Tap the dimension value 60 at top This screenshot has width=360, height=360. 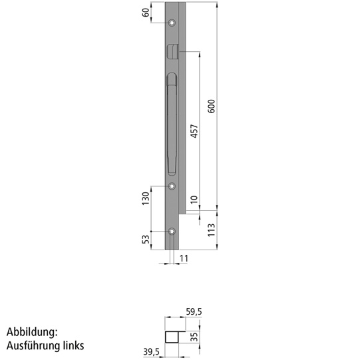[x=146, y=11]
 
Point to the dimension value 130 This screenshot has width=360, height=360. [x=146, y=199]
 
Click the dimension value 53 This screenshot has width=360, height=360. [x=146, y=239]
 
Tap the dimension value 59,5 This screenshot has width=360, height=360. [x=194, y=311]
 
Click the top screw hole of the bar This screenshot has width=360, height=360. [x=172, y=23]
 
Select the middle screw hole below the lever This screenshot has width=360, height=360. [x=172, y=186]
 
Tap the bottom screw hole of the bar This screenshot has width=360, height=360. [x=172, y=232]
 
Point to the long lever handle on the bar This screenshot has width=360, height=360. [x=170, y=123]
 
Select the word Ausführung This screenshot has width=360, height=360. [x=35, y=346]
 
